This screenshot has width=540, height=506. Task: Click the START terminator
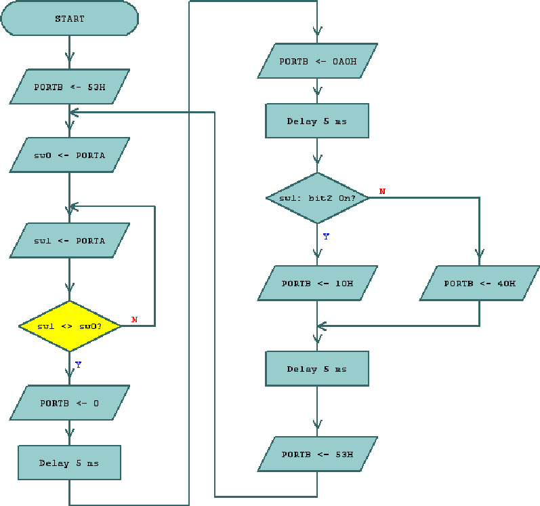[x=69, y=19]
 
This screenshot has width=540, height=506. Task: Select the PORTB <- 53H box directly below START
[x=69, y=87]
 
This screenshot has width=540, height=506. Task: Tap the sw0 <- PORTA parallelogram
[x=69, y=155]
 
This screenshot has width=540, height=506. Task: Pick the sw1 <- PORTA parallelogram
[x=69, y=241]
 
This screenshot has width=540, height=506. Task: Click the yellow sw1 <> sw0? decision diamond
[x=69, y=326]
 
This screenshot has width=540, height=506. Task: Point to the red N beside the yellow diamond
[x=134, y=319]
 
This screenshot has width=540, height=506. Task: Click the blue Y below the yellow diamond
[x=78, y=365]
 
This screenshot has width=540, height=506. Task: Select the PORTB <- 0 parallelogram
[x=69, y=403]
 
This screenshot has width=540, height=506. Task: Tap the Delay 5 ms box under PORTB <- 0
[x=69, y=463]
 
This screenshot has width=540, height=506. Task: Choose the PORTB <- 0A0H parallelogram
[x=317, y=61]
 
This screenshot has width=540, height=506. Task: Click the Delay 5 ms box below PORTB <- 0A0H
[x=317, y=121]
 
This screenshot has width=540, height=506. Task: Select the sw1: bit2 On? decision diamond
[x=317, y=198]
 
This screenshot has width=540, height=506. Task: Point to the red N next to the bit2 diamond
[x=382, y=192]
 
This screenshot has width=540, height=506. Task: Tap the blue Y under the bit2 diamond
[x=326, y=237]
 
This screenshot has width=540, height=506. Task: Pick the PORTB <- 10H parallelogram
[x=317, y=283]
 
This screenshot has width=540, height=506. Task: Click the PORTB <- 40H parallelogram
[x=479, y=283]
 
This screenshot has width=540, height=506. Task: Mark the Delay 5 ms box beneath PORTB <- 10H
[x=317, y=369]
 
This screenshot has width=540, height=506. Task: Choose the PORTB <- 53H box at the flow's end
[x=317, y=454]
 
